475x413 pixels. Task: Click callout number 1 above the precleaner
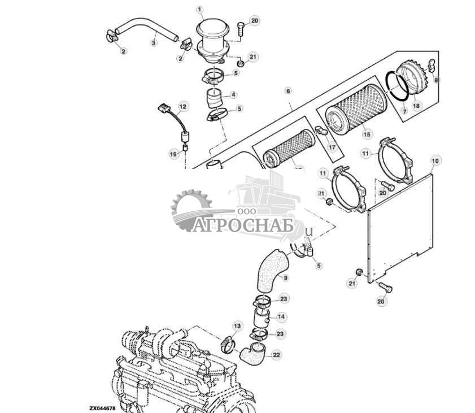tap(199, 9)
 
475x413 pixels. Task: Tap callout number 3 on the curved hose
tap(153, 42)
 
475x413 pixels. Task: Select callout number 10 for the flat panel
tap(434, 161)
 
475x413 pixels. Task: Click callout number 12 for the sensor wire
tap(182, 106)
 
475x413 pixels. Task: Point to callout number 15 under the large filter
tap(367, 134)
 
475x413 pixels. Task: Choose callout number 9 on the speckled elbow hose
tap(285, 277)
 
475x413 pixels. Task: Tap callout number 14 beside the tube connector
tap(281, 317)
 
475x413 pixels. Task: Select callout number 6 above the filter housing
tap(288, 90)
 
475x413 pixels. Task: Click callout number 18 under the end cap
tap(416, 105)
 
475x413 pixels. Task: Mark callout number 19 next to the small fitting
tap(173, 153)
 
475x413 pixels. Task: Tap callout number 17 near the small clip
tap(332, 147)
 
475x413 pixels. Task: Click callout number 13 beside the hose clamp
tap(237, 326)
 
